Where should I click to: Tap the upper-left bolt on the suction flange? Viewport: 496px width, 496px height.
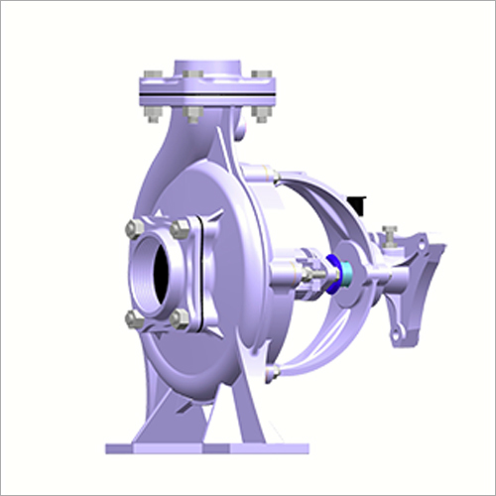pos(134,229)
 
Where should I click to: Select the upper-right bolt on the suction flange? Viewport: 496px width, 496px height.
pos(180,229)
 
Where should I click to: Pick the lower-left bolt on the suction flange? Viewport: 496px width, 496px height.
pos(134,317)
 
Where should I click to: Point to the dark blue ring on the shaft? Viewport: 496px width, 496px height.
pos(334,269)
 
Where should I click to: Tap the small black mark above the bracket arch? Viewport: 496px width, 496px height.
pos(361,205)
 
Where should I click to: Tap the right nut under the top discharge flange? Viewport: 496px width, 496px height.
pos(260,112)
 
